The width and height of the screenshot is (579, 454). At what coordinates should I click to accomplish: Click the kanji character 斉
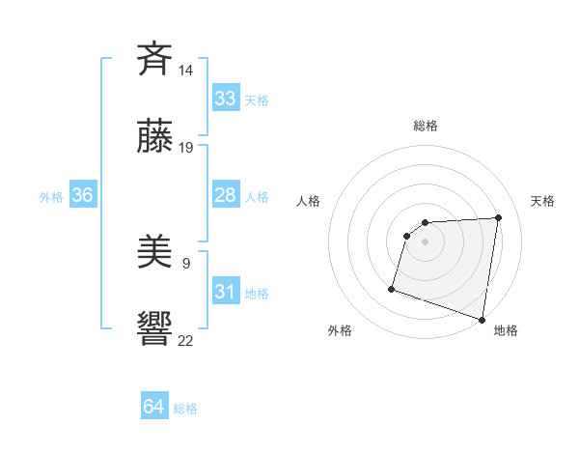tap(154, 59)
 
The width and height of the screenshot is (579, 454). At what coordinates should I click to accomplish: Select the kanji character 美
tap(154, 252)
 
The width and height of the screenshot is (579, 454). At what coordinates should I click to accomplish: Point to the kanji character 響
tap(154, 327)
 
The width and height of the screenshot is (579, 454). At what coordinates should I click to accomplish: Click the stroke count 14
tap(186, 71)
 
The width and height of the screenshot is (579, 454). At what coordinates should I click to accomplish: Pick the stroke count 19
tap(186, 148)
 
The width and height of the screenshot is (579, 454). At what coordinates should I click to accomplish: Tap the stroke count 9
tap(186, 263)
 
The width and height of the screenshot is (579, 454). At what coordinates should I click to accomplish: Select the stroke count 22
tap(186, 340)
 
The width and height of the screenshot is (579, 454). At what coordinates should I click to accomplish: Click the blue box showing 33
tap(225, 99)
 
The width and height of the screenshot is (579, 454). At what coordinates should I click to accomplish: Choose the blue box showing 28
tap(225, 195)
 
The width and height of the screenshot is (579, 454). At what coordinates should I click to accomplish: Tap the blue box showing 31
tap(225, 292)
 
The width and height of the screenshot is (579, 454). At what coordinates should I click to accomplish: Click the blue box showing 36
tap(82, 195)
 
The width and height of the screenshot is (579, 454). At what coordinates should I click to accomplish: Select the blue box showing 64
tap(154, 407)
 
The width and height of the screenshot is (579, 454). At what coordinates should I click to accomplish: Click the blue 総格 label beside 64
tap(185, 409)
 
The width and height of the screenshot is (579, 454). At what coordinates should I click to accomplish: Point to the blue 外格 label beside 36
tap(51, 197)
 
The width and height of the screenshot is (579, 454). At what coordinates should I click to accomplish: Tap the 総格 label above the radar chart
tap(426, 126)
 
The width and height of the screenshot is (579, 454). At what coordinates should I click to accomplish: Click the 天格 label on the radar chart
tap(542, 201)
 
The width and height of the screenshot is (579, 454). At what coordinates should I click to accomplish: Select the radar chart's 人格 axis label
tap(309, 201)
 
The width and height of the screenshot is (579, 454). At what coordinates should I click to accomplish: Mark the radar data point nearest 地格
tap(482, 319)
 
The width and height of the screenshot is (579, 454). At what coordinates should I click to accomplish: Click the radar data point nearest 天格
tap(498, 217)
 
